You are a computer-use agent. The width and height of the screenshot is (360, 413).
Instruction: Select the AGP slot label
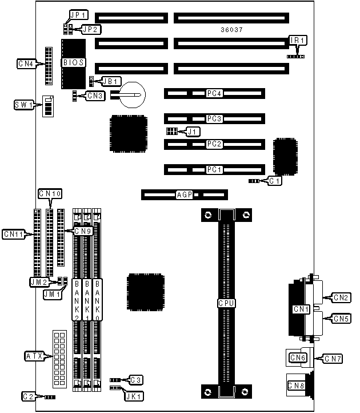pyautogui.click(x=184, y=195)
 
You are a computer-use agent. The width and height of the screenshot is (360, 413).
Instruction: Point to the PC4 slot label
pyautogui.click(x=214, y=93)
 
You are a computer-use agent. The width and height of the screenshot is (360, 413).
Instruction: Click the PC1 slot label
pyautogui.click(x=214, y=169)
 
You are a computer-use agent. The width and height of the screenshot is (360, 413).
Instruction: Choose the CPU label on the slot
pyautogui.click(x=226, y=303)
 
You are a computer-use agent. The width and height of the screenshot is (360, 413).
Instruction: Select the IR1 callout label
pyautogui.click(x=298, y=40)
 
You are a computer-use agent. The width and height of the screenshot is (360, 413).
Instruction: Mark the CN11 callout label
pyautogui.click(x=14, y=234)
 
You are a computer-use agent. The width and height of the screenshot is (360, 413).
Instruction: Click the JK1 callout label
pyautogui.click(x=136, y=395)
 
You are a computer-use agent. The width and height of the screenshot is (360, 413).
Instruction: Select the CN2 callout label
pyautogui.click(x=342, y=297)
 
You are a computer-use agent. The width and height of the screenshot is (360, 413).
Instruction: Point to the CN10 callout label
pyautogui.click(x=50, y=194)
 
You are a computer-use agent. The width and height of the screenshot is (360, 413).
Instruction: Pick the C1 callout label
pyautogui.click(x=275, y=181)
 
